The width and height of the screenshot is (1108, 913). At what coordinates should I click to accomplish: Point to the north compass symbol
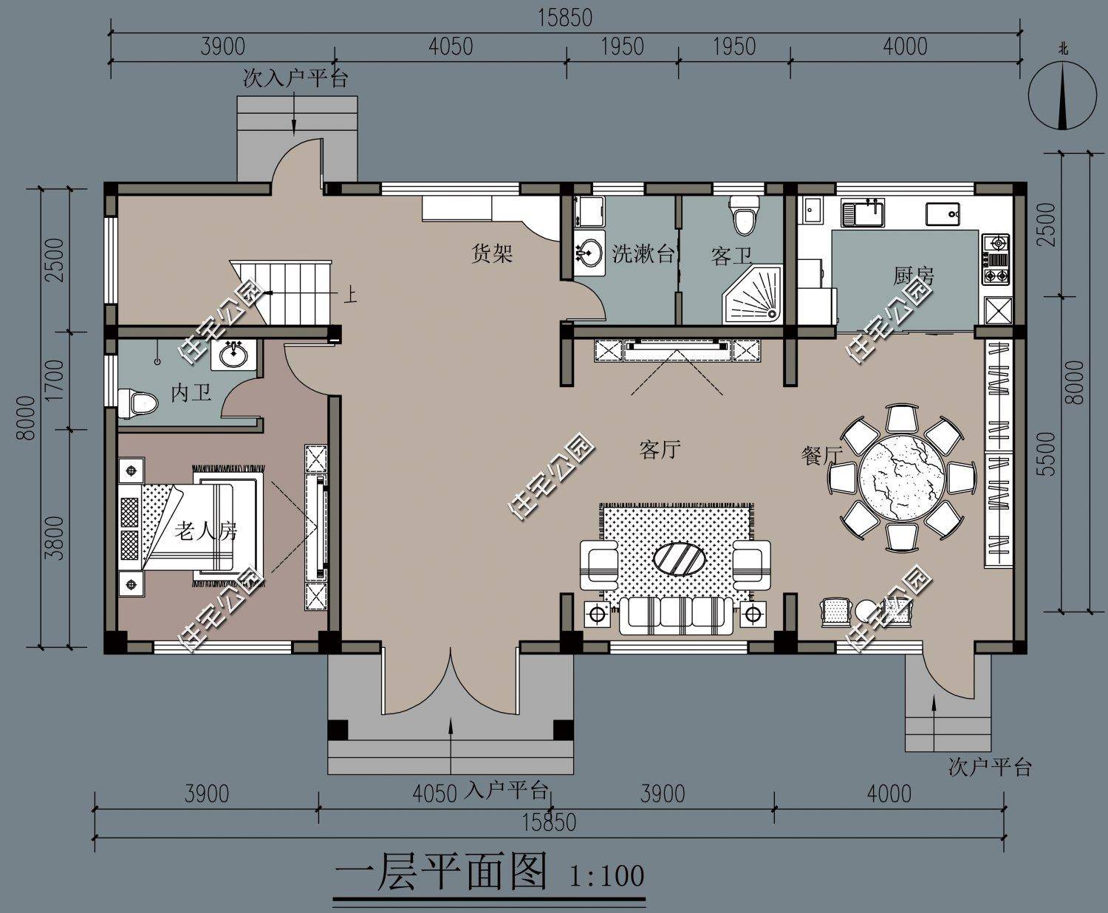point(1062,96)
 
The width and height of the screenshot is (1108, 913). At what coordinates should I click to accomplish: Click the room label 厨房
point(913,276)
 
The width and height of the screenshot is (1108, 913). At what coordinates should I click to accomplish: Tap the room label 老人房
point(206,530)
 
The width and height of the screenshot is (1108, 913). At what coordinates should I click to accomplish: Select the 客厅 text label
point(660,449)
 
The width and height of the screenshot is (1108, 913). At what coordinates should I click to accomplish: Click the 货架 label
point(492,255)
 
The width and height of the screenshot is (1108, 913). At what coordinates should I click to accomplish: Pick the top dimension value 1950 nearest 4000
point(734,47)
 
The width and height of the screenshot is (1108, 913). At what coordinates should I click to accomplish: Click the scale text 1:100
point(607,876)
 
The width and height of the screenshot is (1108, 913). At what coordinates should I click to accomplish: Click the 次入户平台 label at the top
point(295,79)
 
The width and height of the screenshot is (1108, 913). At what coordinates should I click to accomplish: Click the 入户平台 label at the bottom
point(507,791)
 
